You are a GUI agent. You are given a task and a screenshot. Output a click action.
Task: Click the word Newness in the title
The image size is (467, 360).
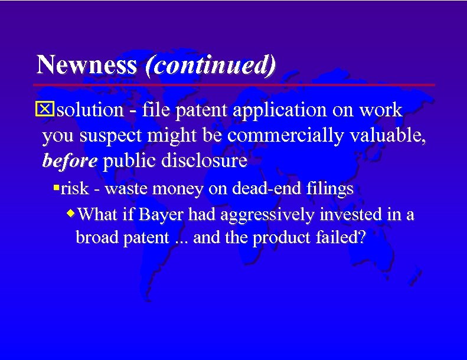(x=86, y=65)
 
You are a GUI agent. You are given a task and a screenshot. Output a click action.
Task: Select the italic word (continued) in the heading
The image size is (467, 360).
(x=210, y=65)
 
